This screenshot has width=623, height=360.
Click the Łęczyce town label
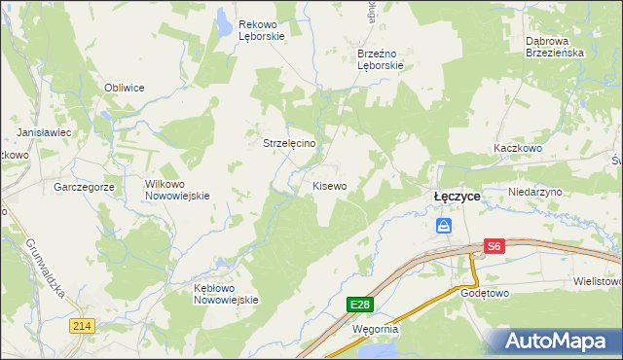(x=457, y=196)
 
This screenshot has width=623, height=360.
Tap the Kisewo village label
(x=329, y=185)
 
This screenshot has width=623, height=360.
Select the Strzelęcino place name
(x=290, y=142)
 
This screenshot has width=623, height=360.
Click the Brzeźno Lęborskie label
(x=379, y=59)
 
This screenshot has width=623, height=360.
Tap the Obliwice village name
(x=125, y=88)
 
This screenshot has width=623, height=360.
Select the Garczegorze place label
(x=85, y=186)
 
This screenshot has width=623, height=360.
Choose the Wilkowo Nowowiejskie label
(x=177, y=189)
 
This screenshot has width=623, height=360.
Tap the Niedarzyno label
(x=535, y=193)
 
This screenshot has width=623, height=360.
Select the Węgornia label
(x=376, y=329)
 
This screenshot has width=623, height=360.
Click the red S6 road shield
(x=495, y=247)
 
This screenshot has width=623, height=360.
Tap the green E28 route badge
(x=359, y=305)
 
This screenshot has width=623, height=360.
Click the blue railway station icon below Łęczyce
(x=444, y=226)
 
